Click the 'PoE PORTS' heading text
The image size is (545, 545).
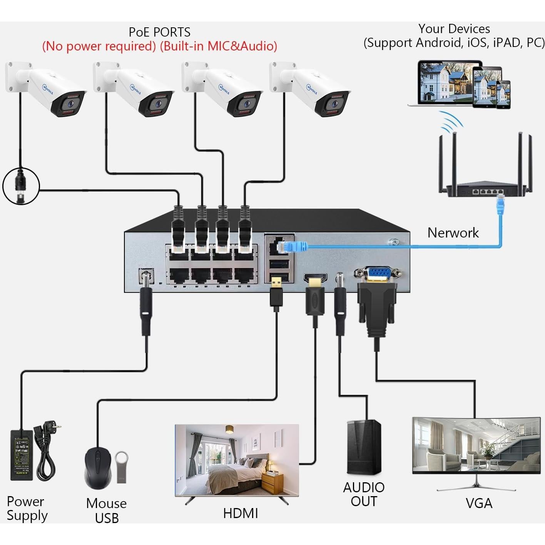(x=159, y=32)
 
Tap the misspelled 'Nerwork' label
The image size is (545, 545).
(x=453, y=233)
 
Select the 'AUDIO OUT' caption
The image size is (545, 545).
(x=364, y=495)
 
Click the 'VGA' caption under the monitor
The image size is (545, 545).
(x=479, y=503)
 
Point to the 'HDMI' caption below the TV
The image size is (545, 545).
(x=241, y=513)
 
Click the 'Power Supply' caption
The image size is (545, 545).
(x=27, y=508)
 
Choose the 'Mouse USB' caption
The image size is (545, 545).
(x=106, y=510)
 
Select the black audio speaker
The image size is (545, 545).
(x=364, y=447)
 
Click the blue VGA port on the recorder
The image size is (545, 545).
(x=377, y=274)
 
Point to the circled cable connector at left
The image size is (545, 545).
(x=21, y=186)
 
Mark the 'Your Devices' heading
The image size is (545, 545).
(x=454, y=29)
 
